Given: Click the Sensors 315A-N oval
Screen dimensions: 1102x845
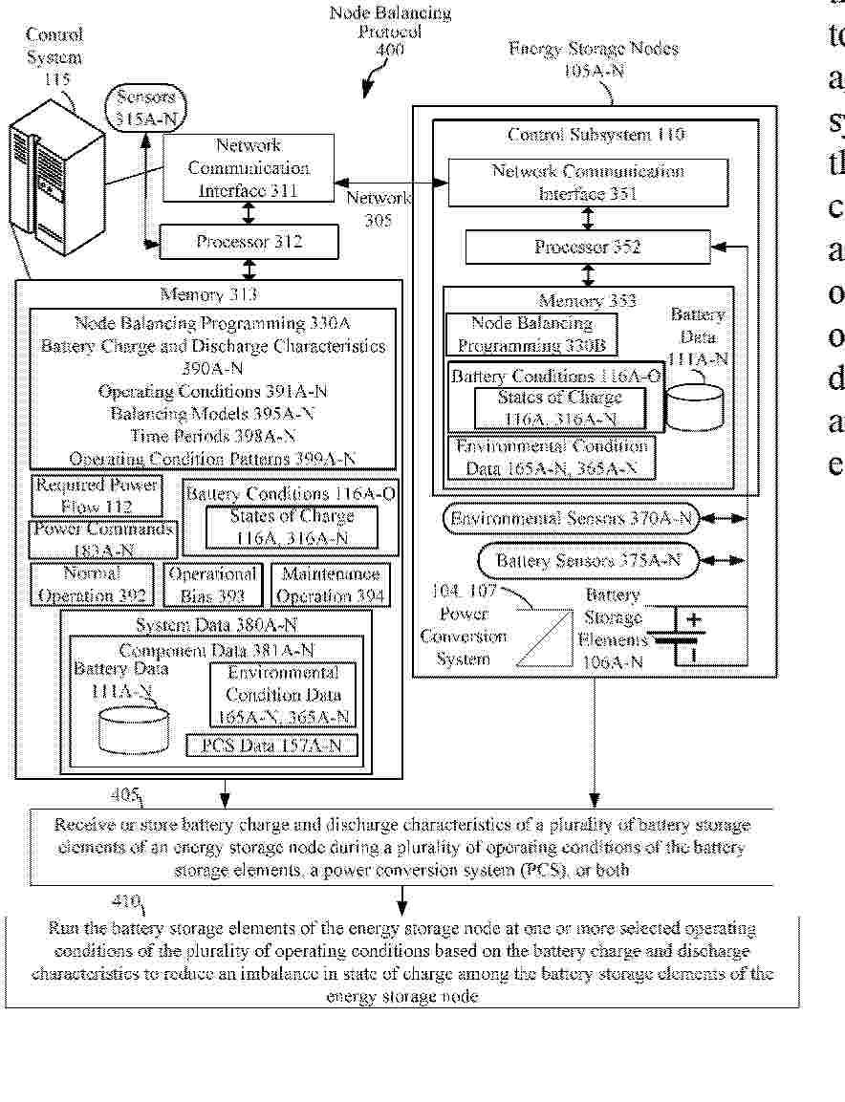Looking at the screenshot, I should click(145, 107).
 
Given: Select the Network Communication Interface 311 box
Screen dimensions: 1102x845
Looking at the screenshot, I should click(249, 168).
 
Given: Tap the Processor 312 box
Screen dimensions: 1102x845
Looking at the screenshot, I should click(249, 242).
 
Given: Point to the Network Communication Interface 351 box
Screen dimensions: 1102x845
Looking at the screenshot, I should click(588, 182).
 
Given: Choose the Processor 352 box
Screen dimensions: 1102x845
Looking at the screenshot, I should click(588, 248).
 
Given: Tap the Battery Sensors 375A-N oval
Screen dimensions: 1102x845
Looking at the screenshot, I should click(588, 561).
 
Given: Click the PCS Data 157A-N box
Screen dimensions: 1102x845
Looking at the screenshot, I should click(271, 745).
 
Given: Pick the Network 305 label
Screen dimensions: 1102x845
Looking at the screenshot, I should click(379, 208).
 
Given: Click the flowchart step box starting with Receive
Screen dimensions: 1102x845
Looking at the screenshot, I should click(402, 847).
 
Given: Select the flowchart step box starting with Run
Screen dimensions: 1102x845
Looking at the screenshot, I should click(402, 962).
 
